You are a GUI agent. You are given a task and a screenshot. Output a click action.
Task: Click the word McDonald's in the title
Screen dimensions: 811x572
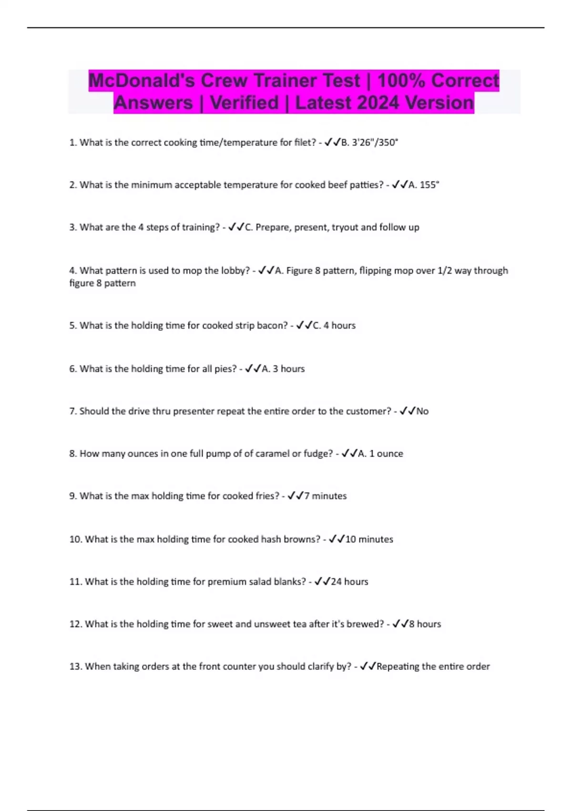(x=142, y=81)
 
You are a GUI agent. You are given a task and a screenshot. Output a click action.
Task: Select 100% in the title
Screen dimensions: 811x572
(x=401, y=81)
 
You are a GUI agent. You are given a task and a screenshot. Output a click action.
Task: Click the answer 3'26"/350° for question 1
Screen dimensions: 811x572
(x=375, y=142)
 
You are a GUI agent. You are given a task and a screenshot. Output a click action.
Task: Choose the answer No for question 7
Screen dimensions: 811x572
(x=422, y=411)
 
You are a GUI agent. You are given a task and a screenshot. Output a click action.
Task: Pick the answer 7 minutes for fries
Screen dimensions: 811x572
(x=326, y=496)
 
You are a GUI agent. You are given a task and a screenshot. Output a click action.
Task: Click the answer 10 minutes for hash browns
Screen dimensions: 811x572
(x=369, y=539)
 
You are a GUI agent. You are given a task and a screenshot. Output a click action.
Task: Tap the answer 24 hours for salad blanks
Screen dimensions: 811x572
(x=349, y=582)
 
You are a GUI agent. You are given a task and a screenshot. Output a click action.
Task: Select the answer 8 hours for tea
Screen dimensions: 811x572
(x=425, y=624)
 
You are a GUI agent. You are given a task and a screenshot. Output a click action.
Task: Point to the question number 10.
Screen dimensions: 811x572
(x=75, y=539)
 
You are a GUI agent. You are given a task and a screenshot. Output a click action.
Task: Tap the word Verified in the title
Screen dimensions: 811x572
(x=244, y=103)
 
